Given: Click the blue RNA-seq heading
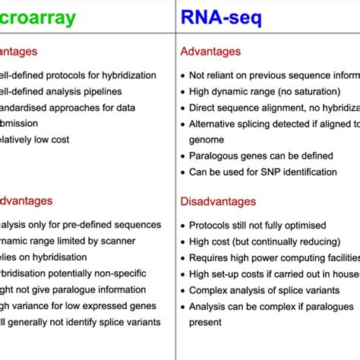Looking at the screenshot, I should tap(220, 17).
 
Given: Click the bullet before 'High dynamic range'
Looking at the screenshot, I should tap(183, 91).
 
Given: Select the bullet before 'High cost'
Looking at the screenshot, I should tap(183, 242).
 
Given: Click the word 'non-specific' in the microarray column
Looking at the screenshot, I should tap(130, 258).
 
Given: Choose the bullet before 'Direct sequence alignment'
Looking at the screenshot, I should tap(183, 107).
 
